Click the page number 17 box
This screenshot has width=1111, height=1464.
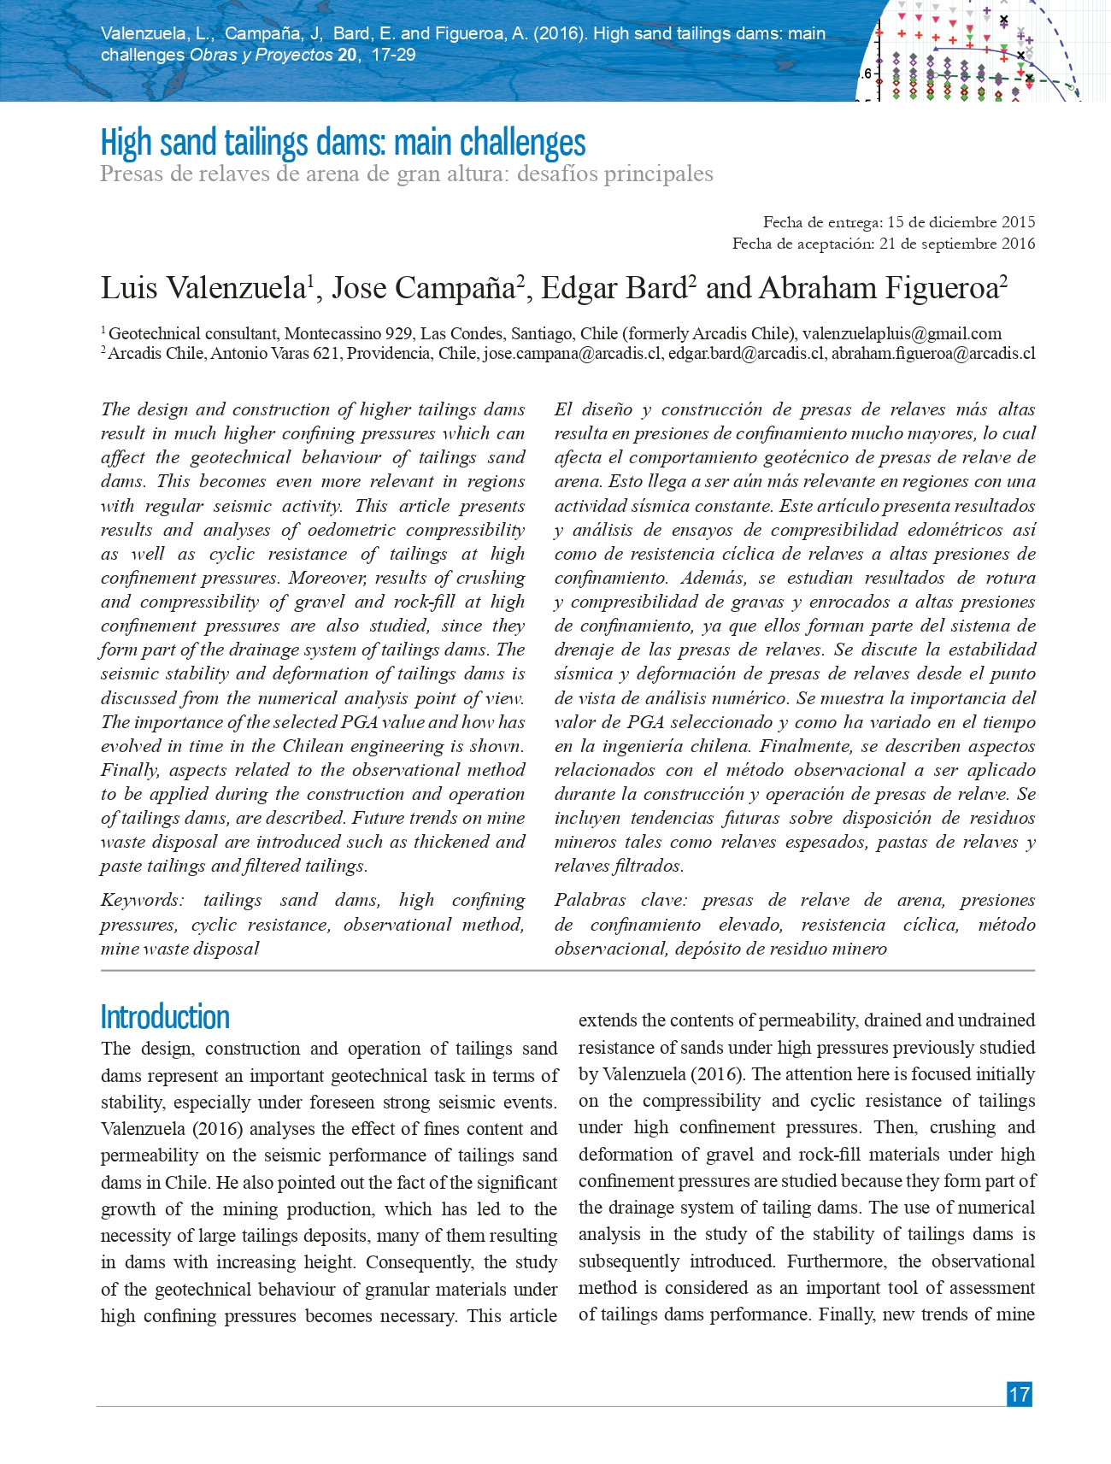coord(1019,1394)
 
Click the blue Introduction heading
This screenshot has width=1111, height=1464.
coord(165,1017)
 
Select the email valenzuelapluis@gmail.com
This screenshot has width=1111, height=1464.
coord(902,333)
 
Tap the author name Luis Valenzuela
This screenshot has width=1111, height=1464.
coord(202,288)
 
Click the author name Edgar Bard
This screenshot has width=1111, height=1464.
coord(614,288)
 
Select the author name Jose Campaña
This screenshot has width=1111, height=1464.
coord(423,288)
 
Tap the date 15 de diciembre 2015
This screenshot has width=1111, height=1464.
coord(961,222)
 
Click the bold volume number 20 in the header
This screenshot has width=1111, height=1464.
coord(347,55)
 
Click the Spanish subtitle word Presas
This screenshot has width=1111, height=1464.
coord(128,173)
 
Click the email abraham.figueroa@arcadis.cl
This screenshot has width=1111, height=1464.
coord(933,353)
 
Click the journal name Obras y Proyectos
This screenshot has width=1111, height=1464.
coord(261,55)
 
